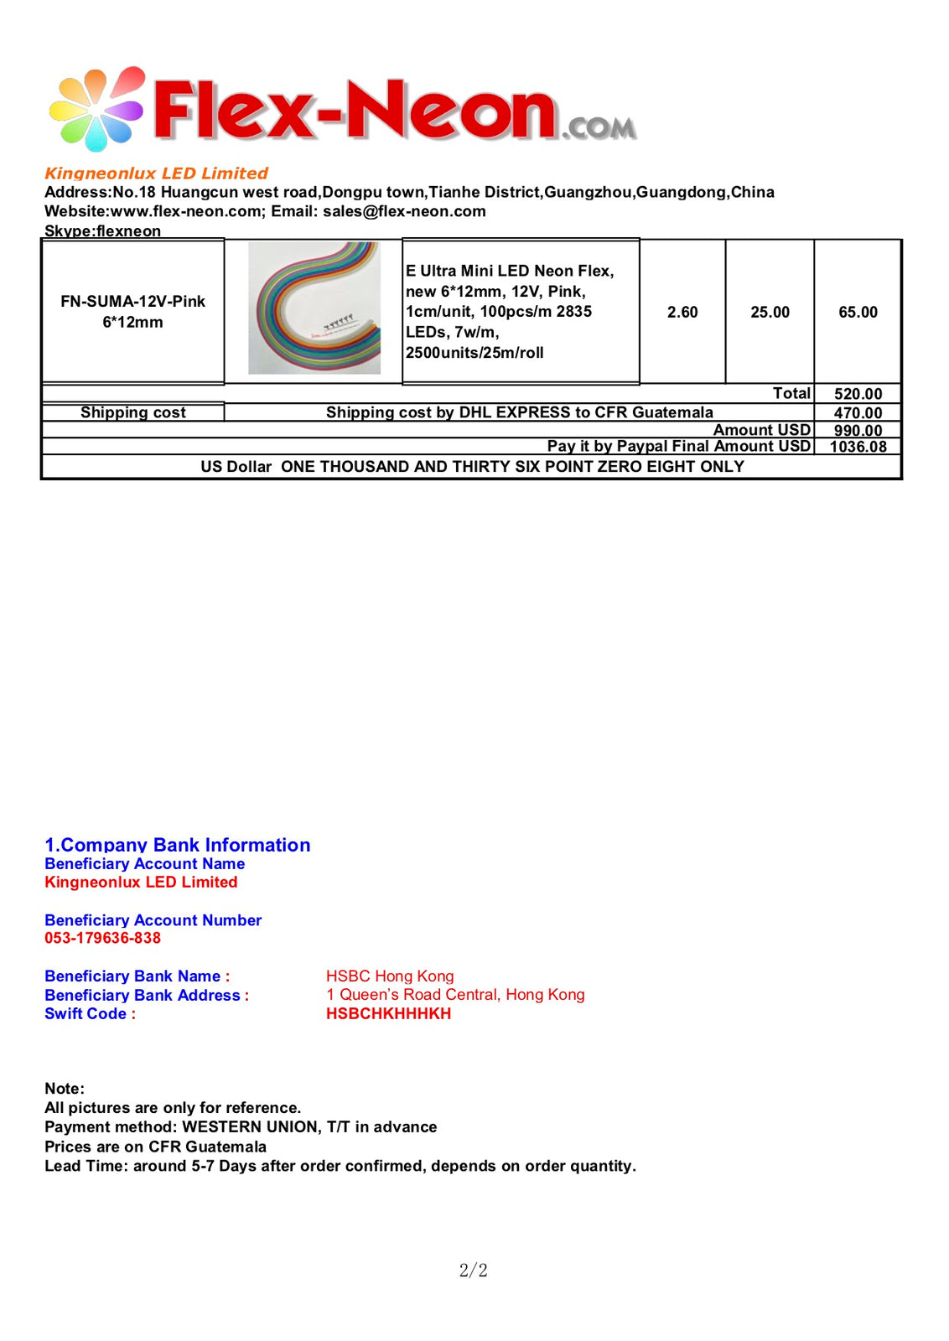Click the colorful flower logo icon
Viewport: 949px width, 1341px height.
96,110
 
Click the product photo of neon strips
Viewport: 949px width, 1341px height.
314,308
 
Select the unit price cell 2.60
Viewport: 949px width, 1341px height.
682,312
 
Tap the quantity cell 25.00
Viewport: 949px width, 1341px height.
770,312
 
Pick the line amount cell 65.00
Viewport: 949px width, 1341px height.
858,312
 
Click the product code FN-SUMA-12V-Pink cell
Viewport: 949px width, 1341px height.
132,311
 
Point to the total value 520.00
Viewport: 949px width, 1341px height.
858,394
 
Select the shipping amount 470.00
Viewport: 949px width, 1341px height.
858,412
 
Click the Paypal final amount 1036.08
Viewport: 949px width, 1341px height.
858,447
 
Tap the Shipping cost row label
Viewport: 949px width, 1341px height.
132,412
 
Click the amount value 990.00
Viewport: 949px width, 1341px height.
858,430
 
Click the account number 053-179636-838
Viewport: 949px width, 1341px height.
102,938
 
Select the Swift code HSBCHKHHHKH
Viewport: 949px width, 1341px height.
388,1013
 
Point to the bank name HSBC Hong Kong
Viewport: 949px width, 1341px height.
390,976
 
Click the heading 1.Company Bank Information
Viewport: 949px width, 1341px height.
177,845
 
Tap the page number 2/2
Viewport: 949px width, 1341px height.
473,1270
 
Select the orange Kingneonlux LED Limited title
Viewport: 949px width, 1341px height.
156,173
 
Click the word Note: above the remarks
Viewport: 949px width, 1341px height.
65,1089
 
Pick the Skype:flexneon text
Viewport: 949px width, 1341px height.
102,230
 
